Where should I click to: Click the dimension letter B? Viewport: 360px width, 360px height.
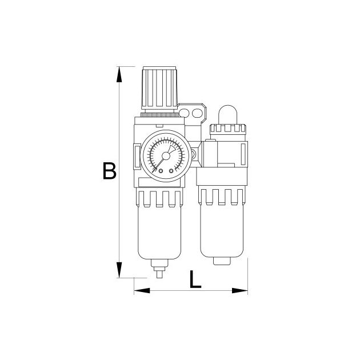coord(109,171)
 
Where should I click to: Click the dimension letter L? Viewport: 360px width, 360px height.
coord(195,279)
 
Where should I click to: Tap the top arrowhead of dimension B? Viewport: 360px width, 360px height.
coord(119,74)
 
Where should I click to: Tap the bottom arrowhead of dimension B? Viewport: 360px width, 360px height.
coord(119,270)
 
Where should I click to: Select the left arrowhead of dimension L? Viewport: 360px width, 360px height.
coord(142,291)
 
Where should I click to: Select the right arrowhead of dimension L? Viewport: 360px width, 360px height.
coord(240,291)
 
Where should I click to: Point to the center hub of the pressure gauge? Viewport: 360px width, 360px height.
coord(166,156)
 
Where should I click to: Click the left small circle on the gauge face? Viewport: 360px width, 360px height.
coord(161,171)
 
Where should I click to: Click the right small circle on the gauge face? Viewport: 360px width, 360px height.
coord(171,171)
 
